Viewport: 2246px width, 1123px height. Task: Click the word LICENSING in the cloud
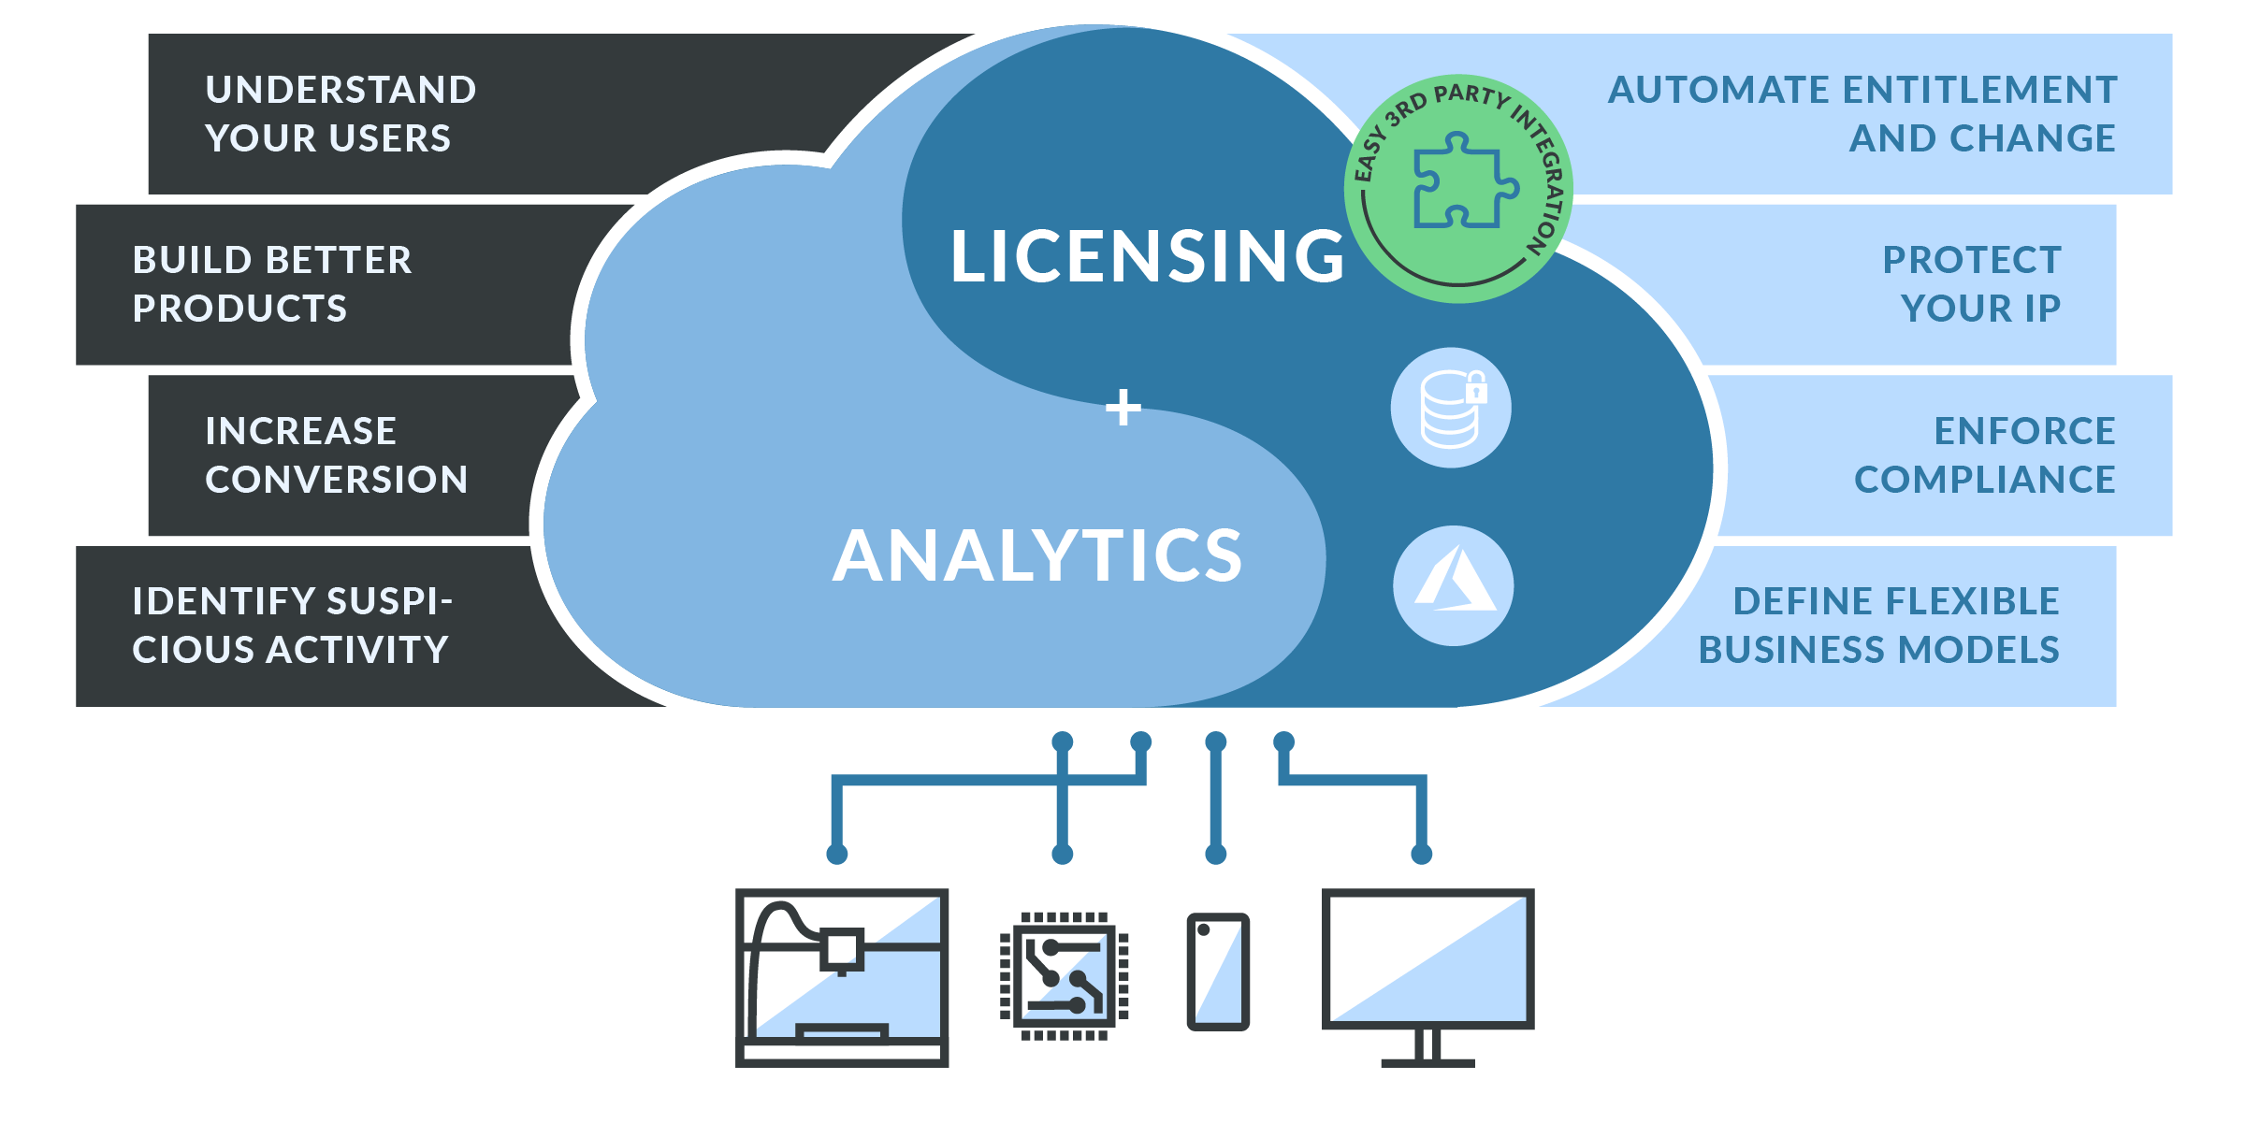(1147, 256)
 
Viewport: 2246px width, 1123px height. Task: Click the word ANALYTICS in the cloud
(1037, 555)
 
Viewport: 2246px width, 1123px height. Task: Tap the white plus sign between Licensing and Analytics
(1123, 408)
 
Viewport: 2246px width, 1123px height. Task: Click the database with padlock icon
(1451, 408)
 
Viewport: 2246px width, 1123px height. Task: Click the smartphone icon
(1218, 972)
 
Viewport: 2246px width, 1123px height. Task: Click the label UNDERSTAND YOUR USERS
(341, 114)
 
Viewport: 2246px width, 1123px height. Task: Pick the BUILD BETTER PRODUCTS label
(271, 284)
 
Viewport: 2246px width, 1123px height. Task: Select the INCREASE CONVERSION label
(336, 455)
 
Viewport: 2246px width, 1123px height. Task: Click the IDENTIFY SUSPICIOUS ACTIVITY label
(291, 626)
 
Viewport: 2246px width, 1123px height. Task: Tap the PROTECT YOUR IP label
(1971, 284)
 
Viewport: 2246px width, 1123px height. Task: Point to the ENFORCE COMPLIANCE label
(1984, 455)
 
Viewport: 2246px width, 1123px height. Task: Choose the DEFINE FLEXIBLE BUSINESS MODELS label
(1878, 626)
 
